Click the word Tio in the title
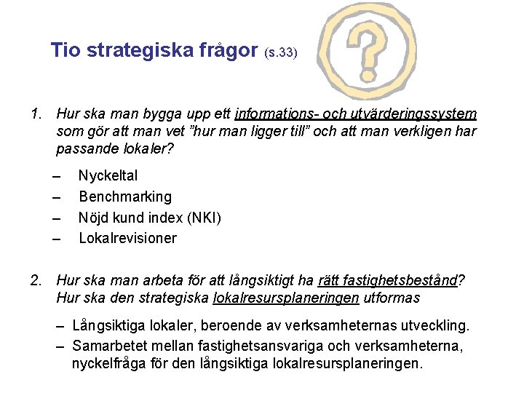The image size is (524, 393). coord(68,50)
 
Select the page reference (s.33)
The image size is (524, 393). coord(279,53)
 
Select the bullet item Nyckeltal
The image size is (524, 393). coord(108,175)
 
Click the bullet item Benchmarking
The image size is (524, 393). coord(125,196)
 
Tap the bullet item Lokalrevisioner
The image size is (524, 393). coord(127,238)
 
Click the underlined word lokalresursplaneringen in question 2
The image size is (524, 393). coord(285,298)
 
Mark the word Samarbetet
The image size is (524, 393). coord(106,344)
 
